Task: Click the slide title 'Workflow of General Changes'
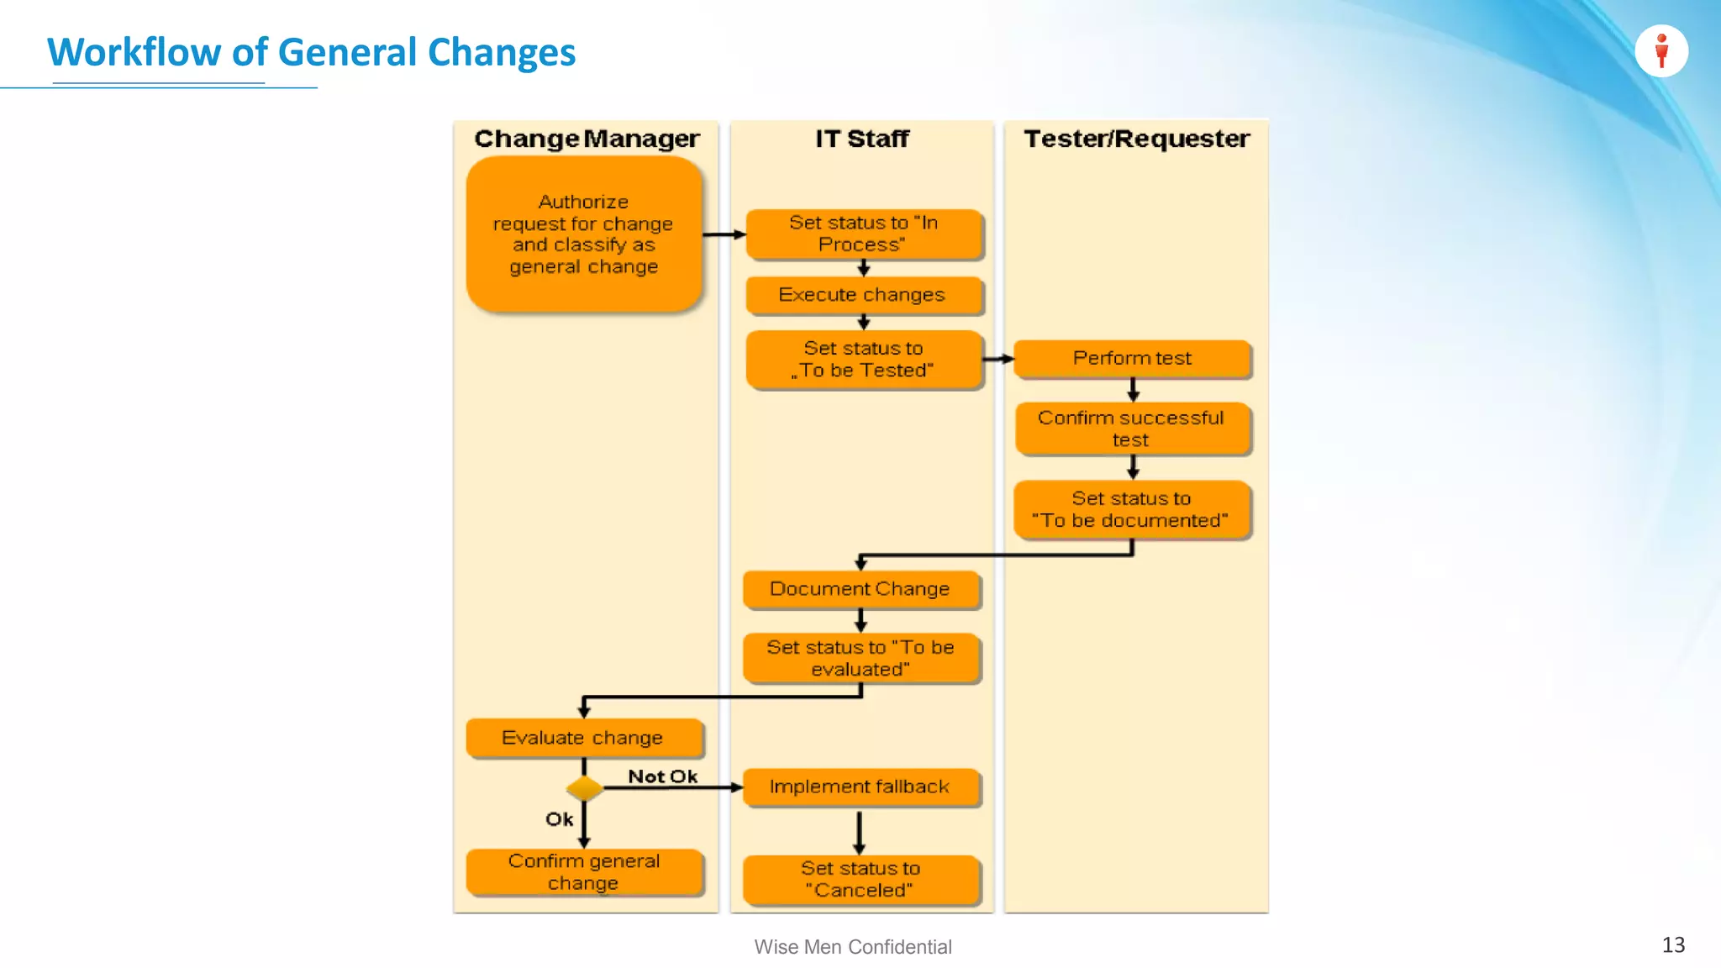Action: point(311,52)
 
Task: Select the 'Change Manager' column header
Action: point(587,139)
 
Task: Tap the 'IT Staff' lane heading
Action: point(862,139)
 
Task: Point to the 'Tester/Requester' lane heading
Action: point(1136,139)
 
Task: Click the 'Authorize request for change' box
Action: point(584,234)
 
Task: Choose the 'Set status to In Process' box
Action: point(864,234)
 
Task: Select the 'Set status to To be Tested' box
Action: point(864,360)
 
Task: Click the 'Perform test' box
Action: point(1132,359)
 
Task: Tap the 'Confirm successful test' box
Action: point(1132,429)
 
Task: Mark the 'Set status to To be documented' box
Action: point(1132,509)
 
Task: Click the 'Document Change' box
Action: point(860,589)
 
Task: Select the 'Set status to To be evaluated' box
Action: point(860,658)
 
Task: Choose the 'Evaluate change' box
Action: point(584,738)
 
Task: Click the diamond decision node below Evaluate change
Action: point(584,788)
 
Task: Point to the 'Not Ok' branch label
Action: point(662,776)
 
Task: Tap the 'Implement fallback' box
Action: point(860,787)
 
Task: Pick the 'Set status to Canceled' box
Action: point(860,879)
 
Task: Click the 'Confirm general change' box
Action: point(584,872)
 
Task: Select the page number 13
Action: point(1673,945)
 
